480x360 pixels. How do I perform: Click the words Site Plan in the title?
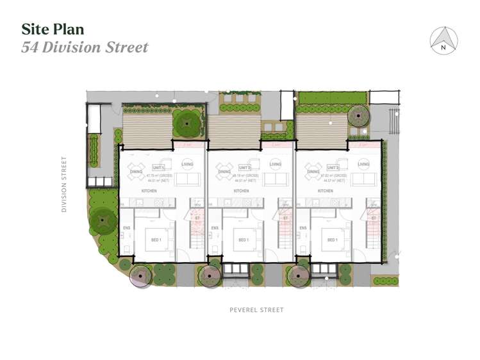[x=53, y=29]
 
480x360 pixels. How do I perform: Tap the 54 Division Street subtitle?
[x=85, y=47]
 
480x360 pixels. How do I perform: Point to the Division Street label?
[x=64, y=184]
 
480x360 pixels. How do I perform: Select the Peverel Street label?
[x=256, y=310]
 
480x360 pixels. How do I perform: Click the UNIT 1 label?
[x=151, y=168]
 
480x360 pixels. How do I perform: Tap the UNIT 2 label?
[x=239, y=168]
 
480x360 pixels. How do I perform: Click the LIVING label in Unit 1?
[x=187, y=165]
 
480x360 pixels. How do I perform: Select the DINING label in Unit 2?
[x=224, y=172]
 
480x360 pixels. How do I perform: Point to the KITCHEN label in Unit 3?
[x=325, y=191]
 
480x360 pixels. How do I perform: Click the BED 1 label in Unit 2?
[x=244, y=240]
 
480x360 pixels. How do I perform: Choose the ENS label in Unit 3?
[x=304, y=228]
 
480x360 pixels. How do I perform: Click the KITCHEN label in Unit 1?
[x=149, y=191]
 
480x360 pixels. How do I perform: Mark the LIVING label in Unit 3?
[x=364, y=165]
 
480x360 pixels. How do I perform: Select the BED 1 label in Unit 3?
[x=333, y=240]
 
